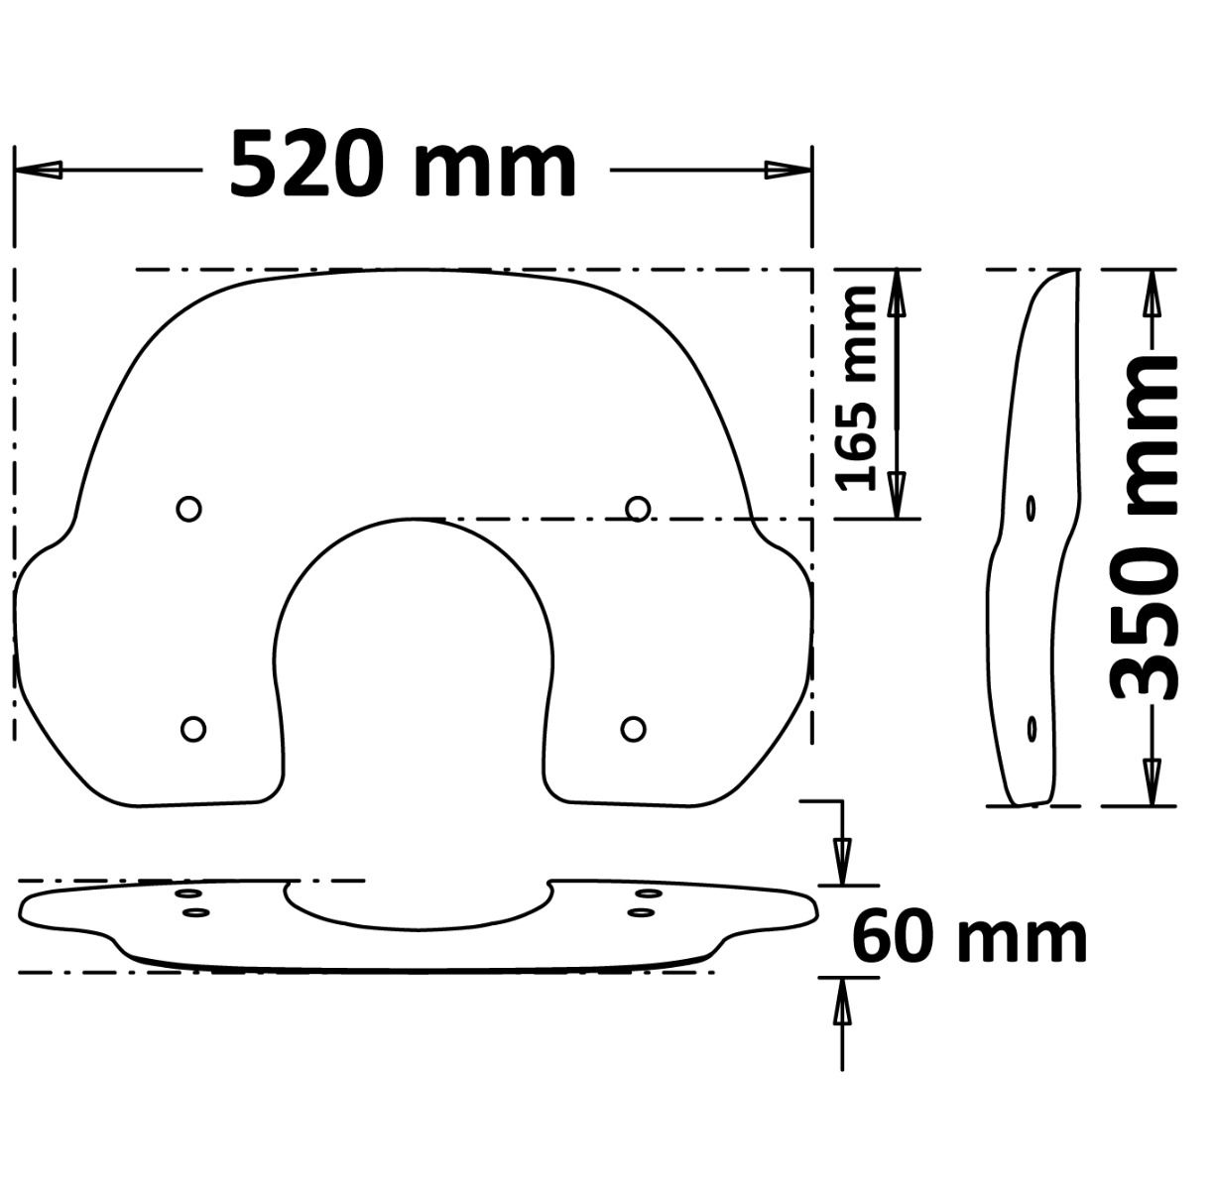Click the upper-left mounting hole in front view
188,509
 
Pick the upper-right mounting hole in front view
639,509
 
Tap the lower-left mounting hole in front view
193,729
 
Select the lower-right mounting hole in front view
633,729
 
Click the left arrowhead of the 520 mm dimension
40,170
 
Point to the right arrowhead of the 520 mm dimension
788,170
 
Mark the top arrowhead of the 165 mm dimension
897,294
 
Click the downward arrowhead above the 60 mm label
842,859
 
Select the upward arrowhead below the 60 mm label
842,1002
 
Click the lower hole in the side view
1032,729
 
